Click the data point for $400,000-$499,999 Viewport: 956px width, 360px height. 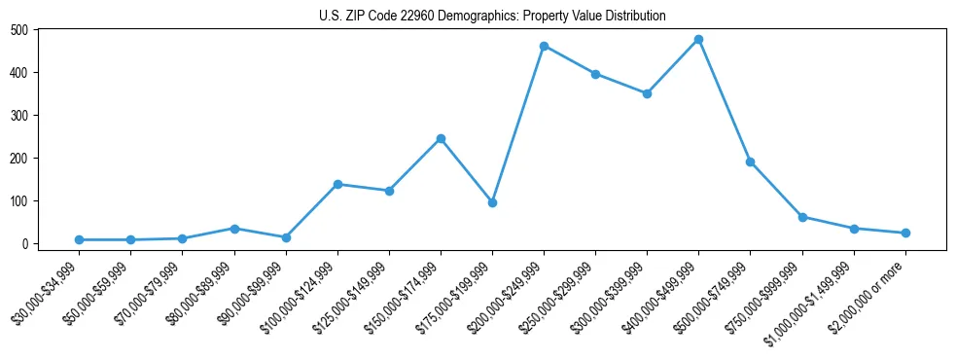(x=698, y=40)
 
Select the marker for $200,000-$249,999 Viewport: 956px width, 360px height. (x=544, y=46)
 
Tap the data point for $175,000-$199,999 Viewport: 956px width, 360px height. (x=492, y=202)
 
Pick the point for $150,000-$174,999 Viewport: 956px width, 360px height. (x=441, y=138)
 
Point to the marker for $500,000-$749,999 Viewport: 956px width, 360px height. (x=750, y=162)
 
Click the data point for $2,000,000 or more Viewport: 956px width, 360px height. (x=905, y=233)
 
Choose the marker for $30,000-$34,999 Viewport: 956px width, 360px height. (x=79, y=239)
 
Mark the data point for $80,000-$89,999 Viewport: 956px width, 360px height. (x=233, y=228)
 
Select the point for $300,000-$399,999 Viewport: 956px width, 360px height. (x=647, y=93)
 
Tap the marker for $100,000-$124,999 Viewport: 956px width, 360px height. (x=337, y=184)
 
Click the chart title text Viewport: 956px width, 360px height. (x=492, y=16)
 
